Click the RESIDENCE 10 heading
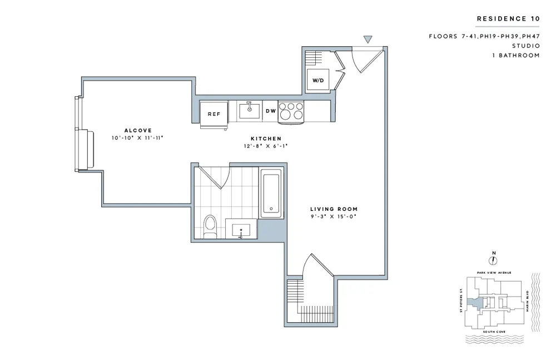pyautogui.click(x=508, y=19)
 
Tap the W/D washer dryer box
pyautogui.click(x=318, y=80)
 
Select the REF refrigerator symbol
pyautogui.click(x=214, y=114)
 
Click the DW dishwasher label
pyautogui.click(x=271, y=111)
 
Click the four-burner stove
pyautogui.click(x=291, y=111)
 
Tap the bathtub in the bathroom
pyautogui.click(x=271, y=193)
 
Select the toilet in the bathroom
pyautogui.click(x=210, y=226)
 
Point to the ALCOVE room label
pyautogui.click(x=138, y=130)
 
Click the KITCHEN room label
pyautogui.click(x=266, y=139)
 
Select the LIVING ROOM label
pyautogui.click(x=334, y=209)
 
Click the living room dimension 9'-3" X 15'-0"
pyautogui.click(x=334, y=216)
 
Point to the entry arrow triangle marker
pyautogui.click(x=367, y=40)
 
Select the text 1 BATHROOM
pyautogui.click(x=515, y=56)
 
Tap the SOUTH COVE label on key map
pyautogui.click(x=493, y=332)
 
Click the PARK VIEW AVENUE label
pyautogui.click(x=494, y=273)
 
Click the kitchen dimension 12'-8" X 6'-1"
pyautogui.click(x=266, y=146)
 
